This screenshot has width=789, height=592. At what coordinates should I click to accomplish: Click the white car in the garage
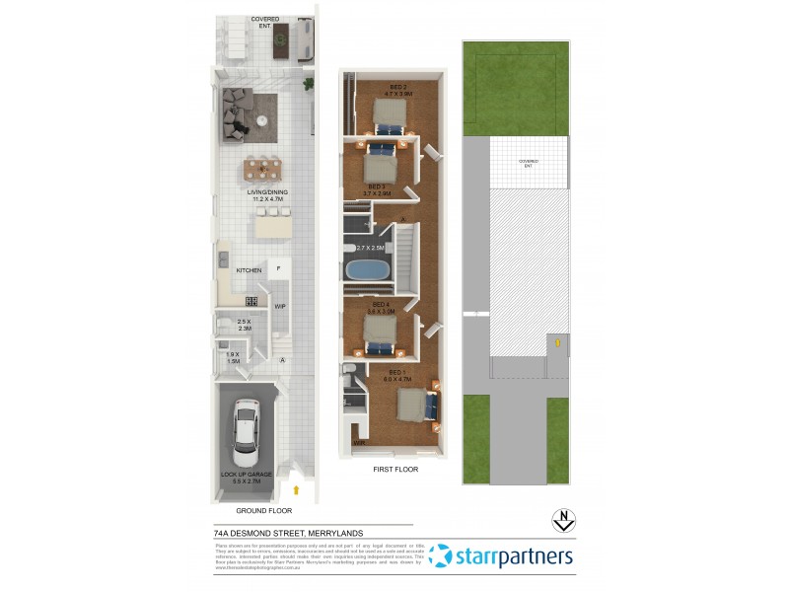pyautogui.click(x=245, y=431)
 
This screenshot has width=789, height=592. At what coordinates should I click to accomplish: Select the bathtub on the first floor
pyautogui.click(x=368, y=269)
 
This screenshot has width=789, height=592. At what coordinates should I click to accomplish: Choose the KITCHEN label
pyautogui.click(x=248, y=269)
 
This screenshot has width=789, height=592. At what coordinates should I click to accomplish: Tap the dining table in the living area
pyautogui.click(x=263, y=168)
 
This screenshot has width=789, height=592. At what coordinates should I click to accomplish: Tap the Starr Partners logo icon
pyautogui.click(x=441, y=556)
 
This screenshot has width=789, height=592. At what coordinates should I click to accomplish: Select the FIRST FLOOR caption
pyautogui.click(x=395, y=470)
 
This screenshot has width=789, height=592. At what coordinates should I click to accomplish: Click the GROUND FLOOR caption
pyautogui.click(x=264, y=511)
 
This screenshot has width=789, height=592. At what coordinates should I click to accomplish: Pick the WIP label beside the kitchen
pyautogui.click(x=279, y=306)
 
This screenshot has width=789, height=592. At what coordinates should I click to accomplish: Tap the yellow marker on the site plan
pyautogui.click(x=557, y=343)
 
